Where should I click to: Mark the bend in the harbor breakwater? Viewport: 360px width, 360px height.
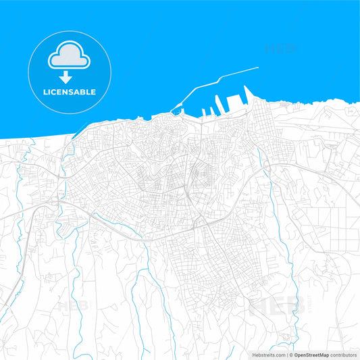(x=196, y=88)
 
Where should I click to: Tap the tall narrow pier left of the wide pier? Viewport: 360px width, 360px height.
(x=217, y=103)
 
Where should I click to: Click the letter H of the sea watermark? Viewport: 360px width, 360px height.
(x=268, y=49)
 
